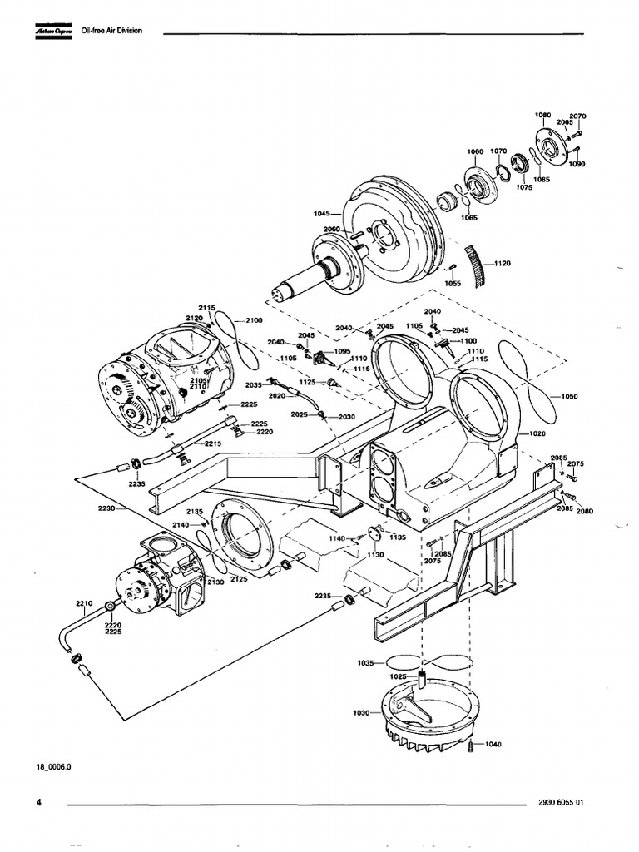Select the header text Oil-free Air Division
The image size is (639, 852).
point(111,31)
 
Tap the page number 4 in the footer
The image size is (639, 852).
point(39,802)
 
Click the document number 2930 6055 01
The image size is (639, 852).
point(563,803)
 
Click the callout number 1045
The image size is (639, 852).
point(323,214)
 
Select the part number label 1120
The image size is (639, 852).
point(502,264)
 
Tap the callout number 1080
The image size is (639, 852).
point(542,114)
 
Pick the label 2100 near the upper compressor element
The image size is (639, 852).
point(254,320)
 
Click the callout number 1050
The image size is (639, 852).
point(569,396)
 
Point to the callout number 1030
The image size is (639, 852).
point(361,714)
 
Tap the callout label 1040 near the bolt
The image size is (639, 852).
point(493,743)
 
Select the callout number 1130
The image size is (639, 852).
point(377,554)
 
